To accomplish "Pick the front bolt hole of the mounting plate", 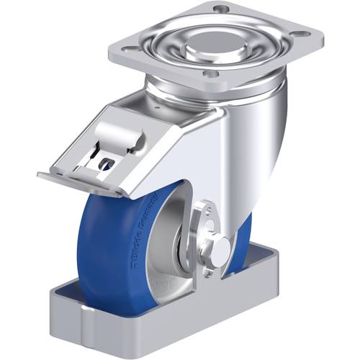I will pyautogui.click(x=210, y=73).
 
